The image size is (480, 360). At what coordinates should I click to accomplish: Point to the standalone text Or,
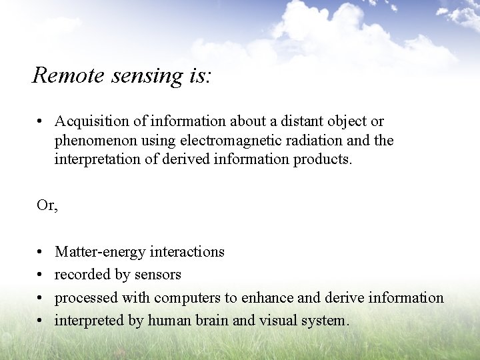pyautogui.click(x=47, y=206)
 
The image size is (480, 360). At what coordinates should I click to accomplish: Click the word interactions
pyautogui.click(x=187, y=251)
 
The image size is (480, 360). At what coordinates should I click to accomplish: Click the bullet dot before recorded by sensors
pyautogui.click(x=41, y=275)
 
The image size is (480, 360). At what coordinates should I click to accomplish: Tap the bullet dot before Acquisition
pyautogui.click(x=41, y=122)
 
